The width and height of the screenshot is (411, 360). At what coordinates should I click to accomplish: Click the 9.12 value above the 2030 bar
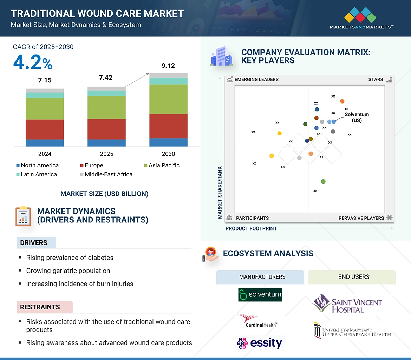click(168, 66)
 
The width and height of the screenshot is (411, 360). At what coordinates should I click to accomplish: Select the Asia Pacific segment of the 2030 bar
click(168, 99)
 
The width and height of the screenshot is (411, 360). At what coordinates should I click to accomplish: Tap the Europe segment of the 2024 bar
click(45, 129)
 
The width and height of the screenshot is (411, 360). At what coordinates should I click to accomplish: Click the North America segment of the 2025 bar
click(106, 143)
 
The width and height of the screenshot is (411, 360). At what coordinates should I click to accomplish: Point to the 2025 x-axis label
click(106, 154)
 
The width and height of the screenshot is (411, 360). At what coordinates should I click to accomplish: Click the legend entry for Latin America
click(39, 174)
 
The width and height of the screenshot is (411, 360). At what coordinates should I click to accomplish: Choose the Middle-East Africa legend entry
click(109, 174)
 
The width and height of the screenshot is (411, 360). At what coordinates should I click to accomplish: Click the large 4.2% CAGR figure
click(33, 63)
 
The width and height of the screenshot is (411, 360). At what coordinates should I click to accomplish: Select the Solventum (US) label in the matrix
click(357, 117)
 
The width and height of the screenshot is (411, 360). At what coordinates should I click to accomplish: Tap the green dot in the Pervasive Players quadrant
click(323, 181)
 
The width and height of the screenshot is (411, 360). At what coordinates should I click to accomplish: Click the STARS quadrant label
click(376, 79)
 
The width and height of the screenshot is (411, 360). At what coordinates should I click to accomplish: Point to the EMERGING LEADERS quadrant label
click(256, 79)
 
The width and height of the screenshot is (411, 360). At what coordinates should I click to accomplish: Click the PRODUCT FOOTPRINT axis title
click(251, 228)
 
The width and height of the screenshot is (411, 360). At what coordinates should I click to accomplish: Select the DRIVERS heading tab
click(34, 243)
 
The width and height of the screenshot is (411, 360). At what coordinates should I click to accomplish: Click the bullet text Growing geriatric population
click(68, 271)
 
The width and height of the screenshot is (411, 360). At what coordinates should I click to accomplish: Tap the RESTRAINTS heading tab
click(40, 307)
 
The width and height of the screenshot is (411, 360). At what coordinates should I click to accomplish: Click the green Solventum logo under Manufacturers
click(260, 295)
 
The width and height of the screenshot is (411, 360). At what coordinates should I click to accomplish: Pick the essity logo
click(260, 343)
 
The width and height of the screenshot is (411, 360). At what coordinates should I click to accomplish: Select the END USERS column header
click(353, 277)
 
